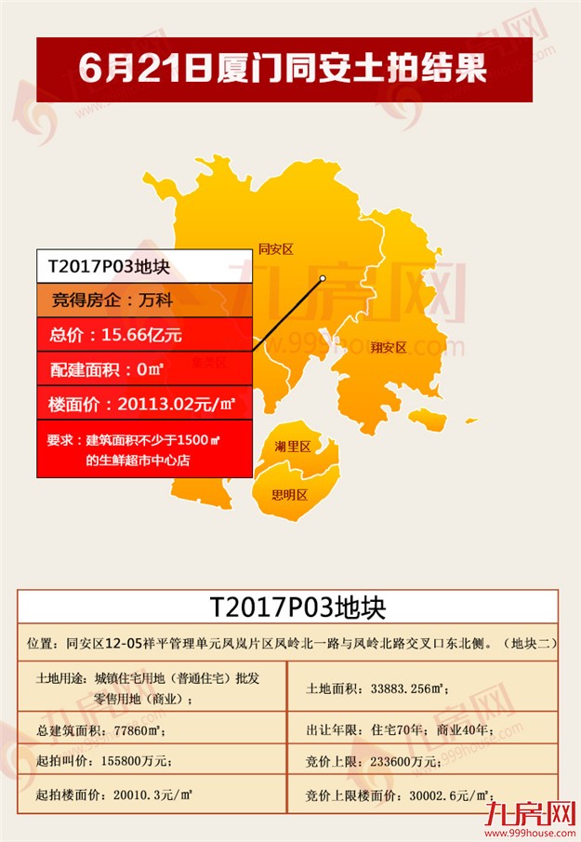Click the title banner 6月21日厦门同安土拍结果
pos(284,69)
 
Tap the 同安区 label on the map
pos(275,249)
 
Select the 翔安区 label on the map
pos(389,348)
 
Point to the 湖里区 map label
pos(292,447)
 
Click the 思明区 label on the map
pos(289,495)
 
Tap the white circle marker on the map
pos(322,278)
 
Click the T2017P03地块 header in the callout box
pos(145,266)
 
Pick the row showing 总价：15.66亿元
pos(145,334)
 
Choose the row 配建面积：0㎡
pos(145,368)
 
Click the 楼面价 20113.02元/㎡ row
pos(145,403)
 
